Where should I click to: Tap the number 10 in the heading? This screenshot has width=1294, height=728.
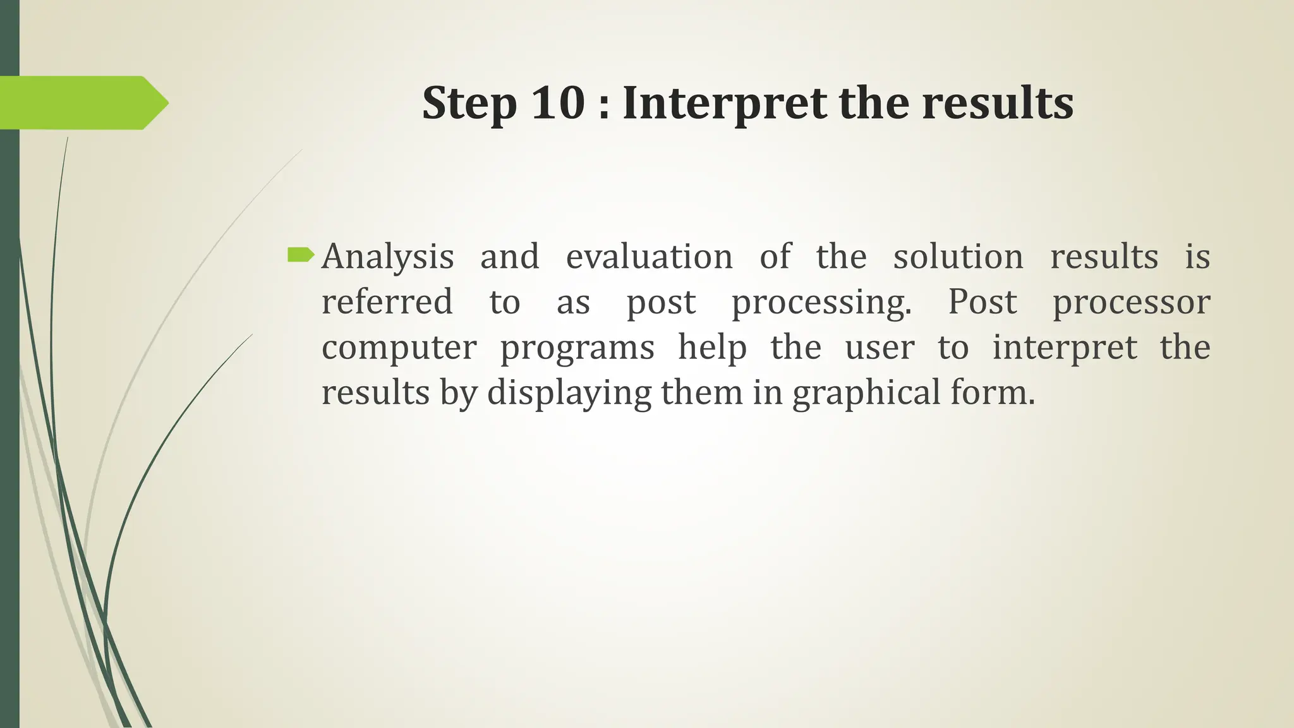(x=558, y=103)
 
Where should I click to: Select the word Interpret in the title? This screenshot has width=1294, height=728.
(x=724, y=103)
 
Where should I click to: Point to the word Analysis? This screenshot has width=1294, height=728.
(x=387, y=257)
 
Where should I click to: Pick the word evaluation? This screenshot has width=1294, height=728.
(x=649, y=257)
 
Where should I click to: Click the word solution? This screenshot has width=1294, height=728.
(x=958, y=257)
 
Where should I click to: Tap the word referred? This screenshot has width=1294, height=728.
(x=387, y=301)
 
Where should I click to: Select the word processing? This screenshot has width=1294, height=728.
(x=821, y=303)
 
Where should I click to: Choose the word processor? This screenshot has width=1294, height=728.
(x=1131, y=303)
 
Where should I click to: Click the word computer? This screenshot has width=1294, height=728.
(x=399, y=348)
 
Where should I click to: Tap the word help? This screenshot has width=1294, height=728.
(x=712, y=348)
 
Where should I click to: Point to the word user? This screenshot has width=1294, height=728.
(x=880, y=348)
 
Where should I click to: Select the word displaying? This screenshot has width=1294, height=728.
(x=569, y=394)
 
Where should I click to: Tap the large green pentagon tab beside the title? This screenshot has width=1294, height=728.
(x=82, y=103)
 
